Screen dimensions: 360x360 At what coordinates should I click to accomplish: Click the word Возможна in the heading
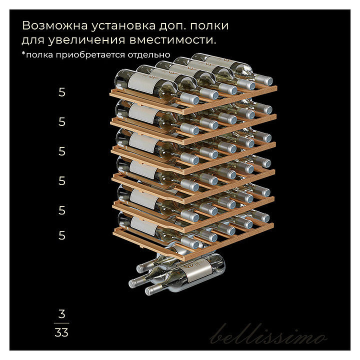point(54,25)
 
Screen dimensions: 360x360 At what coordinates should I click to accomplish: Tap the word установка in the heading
point(123,25)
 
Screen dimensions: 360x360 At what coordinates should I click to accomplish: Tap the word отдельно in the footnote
point(149,54)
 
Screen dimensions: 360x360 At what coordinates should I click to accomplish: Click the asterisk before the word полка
point(23,53)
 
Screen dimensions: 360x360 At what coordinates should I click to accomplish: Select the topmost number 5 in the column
point(62,92)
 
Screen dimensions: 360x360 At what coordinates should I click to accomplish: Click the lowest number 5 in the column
point(62,235)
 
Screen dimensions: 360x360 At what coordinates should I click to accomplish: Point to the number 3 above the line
point(61,314)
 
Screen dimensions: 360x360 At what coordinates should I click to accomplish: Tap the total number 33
point(61,332)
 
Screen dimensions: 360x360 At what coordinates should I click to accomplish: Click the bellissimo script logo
point(268,334)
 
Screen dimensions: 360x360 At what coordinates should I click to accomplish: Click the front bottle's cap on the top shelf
point(194,99)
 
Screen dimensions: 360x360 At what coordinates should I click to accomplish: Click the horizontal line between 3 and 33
point(61,323)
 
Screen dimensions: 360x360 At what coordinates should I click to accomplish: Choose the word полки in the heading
point(209,25)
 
